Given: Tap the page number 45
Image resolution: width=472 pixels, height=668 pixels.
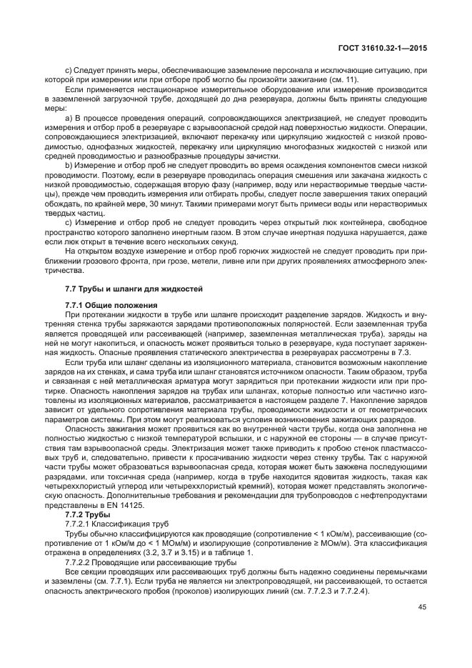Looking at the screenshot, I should [422, 607].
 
